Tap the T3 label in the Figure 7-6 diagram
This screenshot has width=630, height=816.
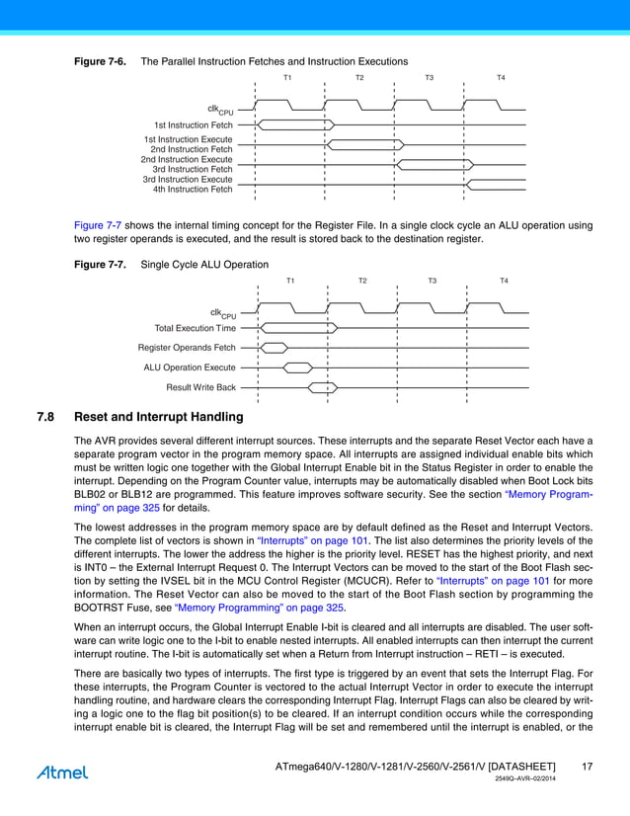tap(429, 77)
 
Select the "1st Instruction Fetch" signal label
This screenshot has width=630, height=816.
tap(194, 125)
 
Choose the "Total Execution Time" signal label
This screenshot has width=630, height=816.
tap(196, 328)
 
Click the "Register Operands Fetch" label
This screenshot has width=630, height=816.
tap(187, 348)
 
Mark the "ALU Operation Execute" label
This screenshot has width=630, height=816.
tap(190, 367)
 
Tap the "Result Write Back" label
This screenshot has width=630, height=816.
tap(201, 387)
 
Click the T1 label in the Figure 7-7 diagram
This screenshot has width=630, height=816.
tap(290, 282)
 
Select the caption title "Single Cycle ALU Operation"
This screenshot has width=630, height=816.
tap(204, 265)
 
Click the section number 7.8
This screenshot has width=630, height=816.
tap(44, 417)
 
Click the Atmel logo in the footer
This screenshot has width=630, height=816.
tap(62, 772)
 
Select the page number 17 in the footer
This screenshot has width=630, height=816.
tap(587, 767)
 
